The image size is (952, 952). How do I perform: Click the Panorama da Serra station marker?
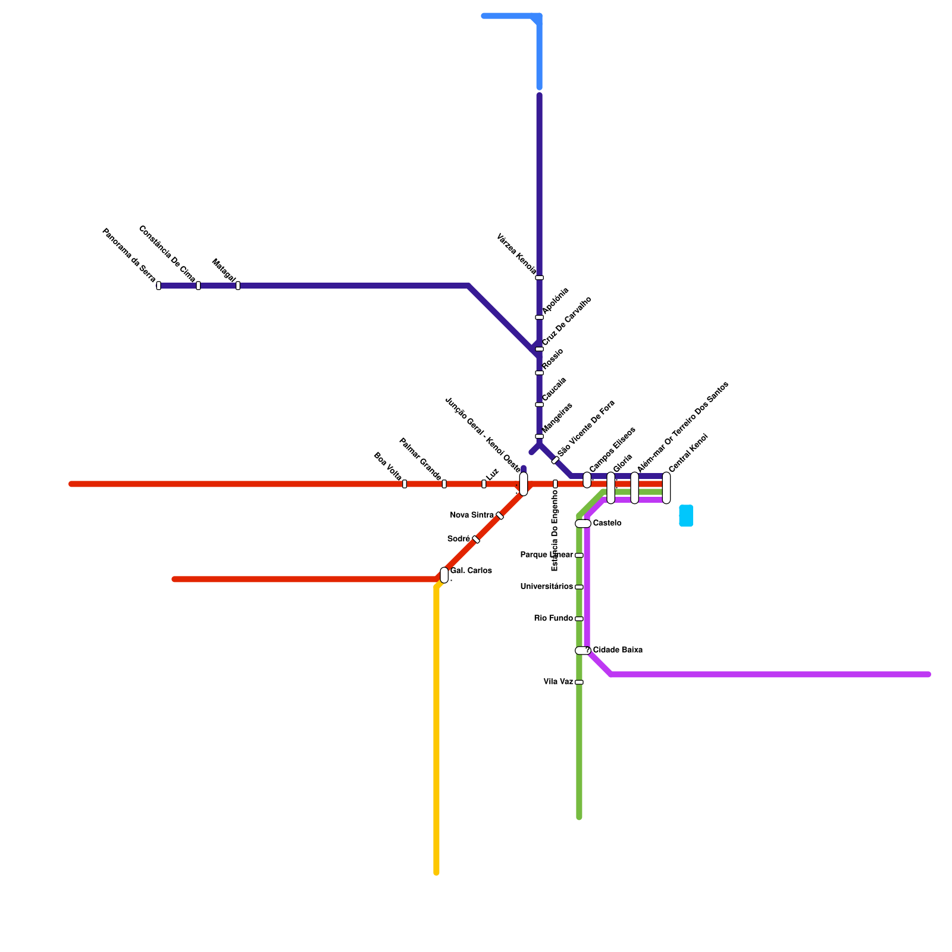tap(158, 286)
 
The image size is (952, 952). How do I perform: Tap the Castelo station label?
tap(607, 524)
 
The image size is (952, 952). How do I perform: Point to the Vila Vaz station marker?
tap(579, 682)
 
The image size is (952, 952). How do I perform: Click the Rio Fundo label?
tap(553, 619)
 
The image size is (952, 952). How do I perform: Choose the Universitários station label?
tap(546, 587)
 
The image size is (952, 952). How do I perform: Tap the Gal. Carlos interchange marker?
tap(444, 575)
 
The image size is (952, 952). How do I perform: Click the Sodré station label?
tap(458, 539)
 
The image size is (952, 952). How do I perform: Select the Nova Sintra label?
tap(472, 515)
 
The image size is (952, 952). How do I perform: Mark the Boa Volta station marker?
tap(405, 484)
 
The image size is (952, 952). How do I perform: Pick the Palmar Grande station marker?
tap(444, 484)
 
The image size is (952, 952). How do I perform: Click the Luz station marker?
tap(484, 484)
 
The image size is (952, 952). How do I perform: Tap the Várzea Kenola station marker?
tap(539, 278)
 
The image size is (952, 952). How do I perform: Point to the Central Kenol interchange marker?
tap(666, 488)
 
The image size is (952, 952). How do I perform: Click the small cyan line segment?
tap(686, 515)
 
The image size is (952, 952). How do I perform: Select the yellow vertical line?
tap(437, 732)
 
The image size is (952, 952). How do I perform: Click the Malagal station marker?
tap(238, 286)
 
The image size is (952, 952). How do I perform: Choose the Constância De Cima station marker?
tap(198, 286)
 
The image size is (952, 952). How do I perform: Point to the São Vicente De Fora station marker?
tap(555, 461)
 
